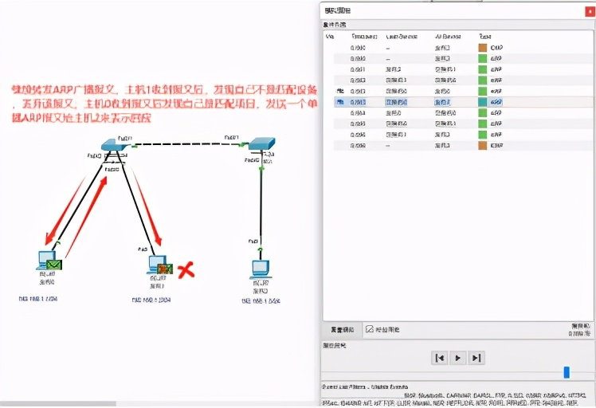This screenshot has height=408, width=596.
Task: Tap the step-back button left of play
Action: pos(439,358)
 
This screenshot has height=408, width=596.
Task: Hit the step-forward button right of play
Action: pos(476,358)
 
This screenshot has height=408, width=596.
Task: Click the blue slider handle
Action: pos(567,372)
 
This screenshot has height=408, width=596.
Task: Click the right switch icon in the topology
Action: pos(261,145)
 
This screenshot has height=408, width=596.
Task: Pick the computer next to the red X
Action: pos(156,265)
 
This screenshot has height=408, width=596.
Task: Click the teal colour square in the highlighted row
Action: pos(483,102)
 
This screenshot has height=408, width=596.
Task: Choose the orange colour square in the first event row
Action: pos(483,48)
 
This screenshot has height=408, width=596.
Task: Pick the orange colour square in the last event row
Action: pos(483,146)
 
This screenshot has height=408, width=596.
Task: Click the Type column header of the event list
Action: pos(485,37)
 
